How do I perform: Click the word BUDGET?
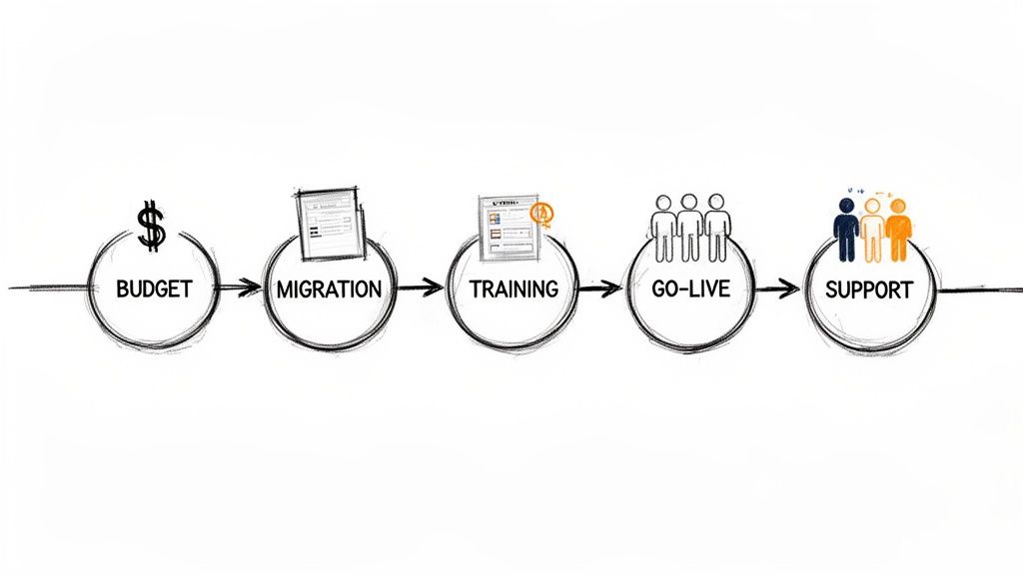(x=153, y=289)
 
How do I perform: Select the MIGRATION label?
(x=329, y=289)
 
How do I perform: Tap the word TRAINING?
(x=512, y=289)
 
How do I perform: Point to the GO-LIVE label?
(x=688, y=289)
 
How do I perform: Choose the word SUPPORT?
(x=868, y=289)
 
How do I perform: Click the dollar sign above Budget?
(x=152, y=225)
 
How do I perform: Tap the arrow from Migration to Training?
(x=418, y=289)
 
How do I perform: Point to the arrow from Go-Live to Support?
(x=777, y=289)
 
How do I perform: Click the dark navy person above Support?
(x=847, y=229)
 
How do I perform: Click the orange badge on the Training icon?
(x=543, y=213)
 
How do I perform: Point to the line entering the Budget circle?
(x=50, y=288)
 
